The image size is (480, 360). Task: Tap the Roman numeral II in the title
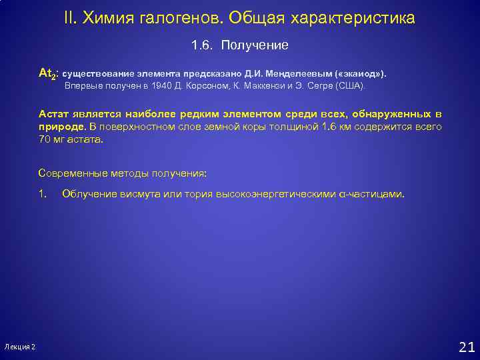[x=71, y=18]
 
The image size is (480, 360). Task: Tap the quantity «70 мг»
[x=51, y=140]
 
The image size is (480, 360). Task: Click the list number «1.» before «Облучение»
[x=43, y=194]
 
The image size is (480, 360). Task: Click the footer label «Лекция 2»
[x=20, y=347]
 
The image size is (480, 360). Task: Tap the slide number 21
[x=467, y=346]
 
